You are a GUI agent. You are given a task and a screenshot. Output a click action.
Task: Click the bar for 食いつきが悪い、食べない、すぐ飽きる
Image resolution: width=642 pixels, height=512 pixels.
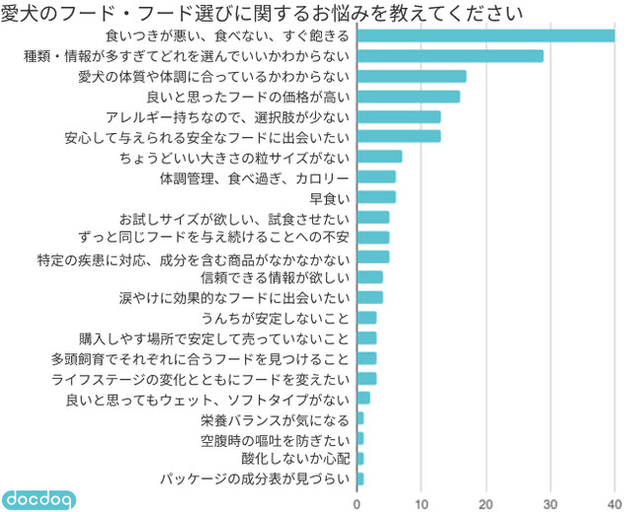point(485,37)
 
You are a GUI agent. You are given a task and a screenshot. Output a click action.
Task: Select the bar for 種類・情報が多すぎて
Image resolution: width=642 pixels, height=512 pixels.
point(449,56)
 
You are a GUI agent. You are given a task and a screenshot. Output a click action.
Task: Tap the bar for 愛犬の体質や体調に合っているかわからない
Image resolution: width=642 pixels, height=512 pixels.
point(411,76)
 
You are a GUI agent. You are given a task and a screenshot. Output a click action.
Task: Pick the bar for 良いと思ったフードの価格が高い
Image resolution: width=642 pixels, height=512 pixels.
point(408,97)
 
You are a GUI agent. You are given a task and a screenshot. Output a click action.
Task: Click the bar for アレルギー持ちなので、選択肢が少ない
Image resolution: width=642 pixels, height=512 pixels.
point(398,116)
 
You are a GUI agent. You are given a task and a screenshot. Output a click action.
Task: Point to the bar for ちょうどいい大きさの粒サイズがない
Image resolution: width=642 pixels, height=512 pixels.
point(379,157)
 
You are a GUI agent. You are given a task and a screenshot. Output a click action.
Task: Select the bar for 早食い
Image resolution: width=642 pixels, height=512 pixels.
point(375,197)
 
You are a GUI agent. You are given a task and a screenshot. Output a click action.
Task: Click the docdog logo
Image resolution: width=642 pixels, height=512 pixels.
point(40,498)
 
